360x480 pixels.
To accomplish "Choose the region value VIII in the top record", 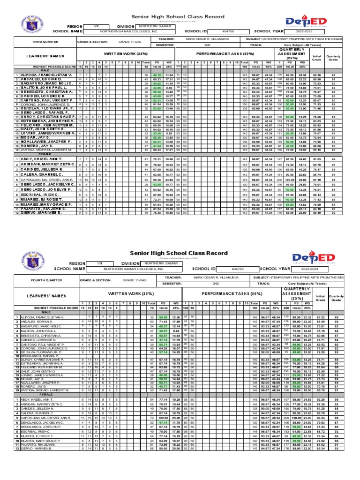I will point(96,26).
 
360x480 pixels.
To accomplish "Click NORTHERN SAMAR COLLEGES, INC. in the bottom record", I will point(132,269).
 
